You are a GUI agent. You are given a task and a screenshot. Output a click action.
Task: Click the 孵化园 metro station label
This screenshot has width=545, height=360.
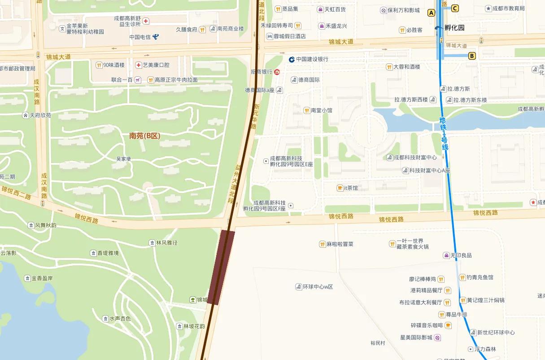[454, 28]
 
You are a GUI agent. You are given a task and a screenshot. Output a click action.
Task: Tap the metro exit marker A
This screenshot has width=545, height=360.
[432, 13]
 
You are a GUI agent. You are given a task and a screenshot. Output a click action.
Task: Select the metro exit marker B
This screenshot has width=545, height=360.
[471, 56]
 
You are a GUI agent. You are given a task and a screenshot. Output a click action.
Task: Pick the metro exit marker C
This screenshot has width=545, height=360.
[455, 8]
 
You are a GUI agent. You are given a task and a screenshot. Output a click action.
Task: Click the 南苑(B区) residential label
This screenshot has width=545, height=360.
[144, 136]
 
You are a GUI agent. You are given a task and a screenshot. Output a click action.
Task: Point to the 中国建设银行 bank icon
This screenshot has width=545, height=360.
[292, 59]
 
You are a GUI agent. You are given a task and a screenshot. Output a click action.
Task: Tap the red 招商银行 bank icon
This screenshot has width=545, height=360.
[277, 71]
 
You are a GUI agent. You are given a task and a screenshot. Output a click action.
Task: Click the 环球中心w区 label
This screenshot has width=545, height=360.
[318, 287]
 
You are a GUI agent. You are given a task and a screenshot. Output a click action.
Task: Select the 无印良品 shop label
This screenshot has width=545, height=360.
[461, 255]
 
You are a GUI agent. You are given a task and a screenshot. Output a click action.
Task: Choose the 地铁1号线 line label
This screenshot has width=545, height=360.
[444, 133]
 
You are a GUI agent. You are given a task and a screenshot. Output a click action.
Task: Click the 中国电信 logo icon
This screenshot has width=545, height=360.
[156, 37]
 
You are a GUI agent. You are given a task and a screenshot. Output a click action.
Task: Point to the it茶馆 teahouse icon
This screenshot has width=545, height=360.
[340, 188]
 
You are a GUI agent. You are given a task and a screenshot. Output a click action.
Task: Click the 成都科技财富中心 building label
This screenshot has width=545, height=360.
[415, 158]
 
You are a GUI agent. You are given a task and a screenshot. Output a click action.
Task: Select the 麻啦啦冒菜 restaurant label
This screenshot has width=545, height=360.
[340, 244]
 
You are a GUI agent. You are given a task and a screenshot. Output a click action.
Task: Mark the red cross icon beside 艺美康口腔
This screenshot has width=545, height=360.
[139, 65]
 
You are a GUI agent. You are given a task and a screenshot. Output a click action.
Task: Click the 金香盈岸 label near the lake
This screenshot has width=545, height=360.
[42, 278]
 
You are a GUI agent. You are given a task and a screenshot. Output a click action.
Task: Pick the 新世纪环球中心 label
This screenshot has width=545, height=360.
[496, 333]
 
